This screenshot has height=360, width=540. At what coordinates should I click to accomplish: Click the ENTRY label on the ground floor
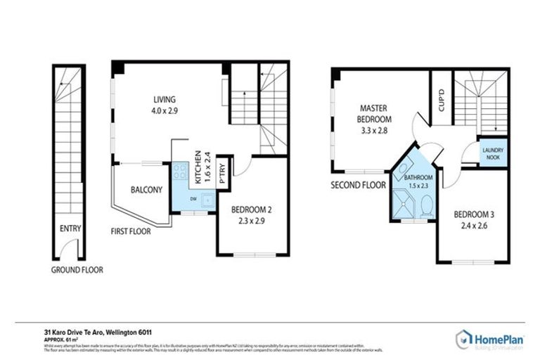(x=71, y=229)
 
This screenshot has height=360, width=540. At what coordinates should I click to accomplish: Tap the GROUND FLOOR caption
(x=77, y=269)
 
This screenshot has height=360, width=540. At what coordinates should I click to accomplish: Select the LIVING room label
(x=165, y=100)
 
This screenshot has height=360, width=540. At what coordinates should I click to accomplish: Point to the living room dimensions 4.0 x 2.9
(x=165, y=110)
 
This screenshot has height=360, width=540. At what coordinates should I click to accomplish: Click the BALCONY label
(x=146, y=190)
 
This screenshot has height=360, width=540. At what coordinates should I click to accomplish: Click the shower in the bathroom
(x=404, y=205)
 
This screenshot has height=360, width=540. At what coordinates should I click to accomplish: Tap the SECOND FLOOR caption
(x=359, y=186)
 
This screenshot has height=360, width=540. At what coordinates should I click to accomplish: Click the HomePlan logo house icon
(x=464, y=339)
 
